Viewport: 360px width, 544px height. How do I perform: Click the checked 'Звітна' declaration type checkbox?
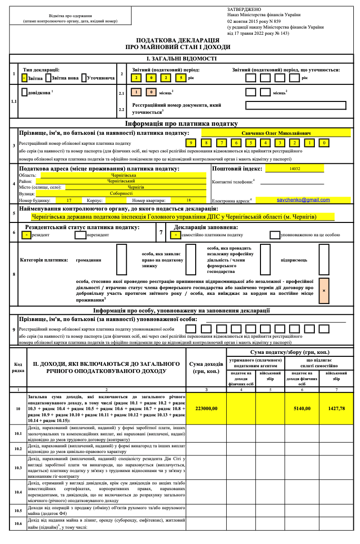coord(24,77)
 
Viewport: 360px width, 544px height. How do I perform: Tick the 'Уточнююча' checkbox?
coord(84,77)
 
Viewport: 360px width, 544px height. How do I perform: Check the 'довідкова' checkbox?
coord(24,91)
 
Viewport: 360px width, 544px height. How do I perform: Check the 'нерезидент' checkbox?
coord(80,235)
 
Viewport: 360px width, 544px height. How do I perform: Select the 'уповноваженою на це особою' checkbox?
coord(274,235)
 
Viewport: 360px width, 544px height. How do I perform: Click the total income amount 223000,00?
coord(206,408)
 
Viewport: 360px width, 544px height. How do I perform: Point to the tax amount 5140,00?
coord(302,408)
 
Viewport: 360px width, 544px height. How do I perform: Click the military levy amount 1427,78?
coord(336,408)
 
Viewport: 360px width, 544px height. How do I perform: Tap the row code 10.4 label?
coord(18,491)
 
